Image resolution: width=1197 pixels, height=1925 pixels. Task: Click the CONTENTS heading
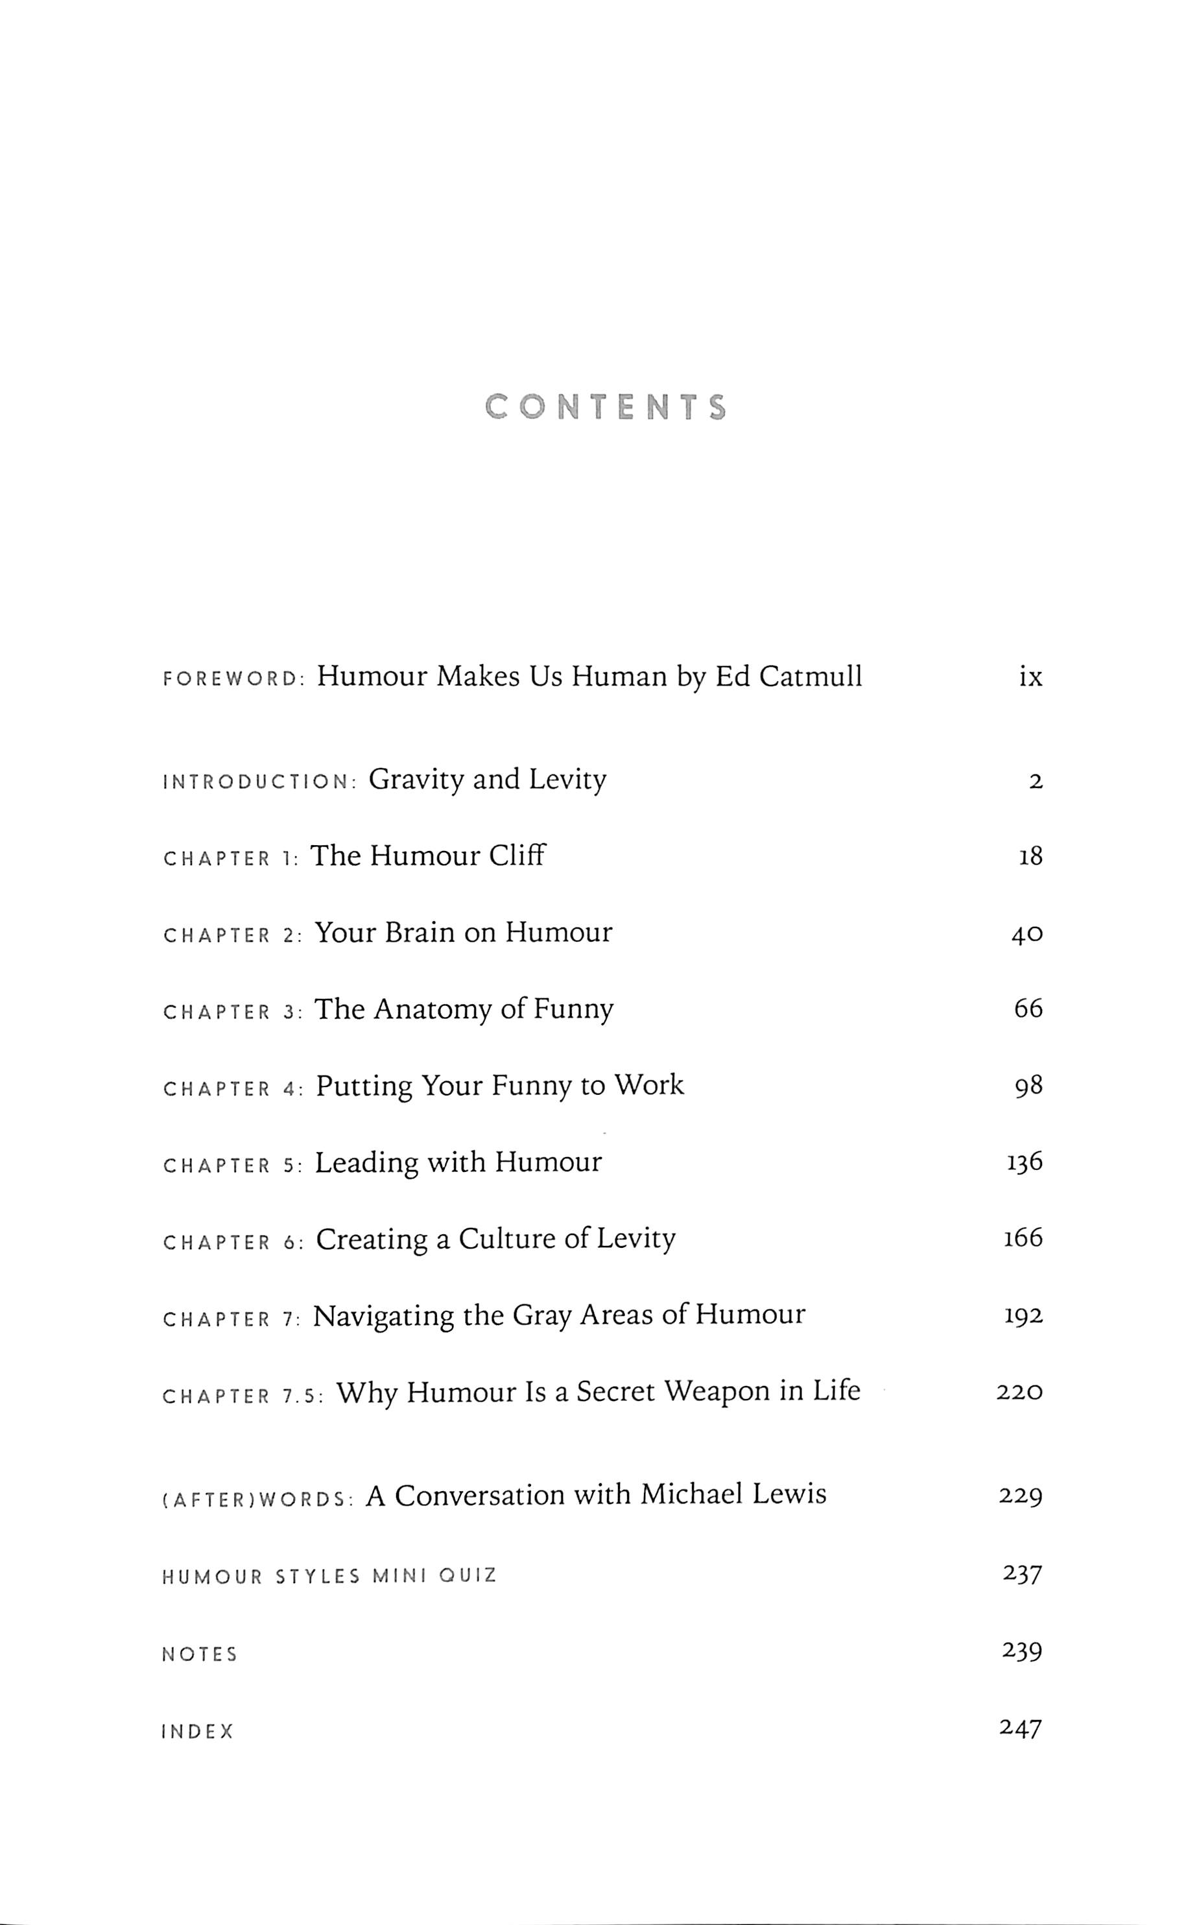pos(606,407)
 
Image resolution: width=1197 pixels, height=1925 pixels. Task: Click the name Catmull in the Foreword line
pos(811,677)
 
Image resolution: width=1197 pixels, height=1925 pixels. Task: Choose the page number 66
pos(1028,1009)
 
